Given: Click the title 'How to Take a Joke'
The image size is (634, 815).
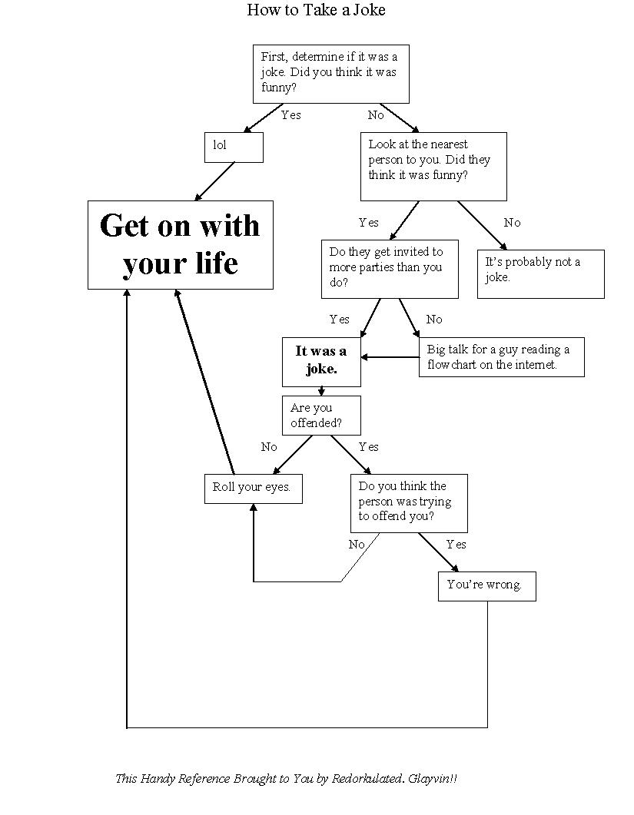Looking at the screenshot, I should tap(316, 10).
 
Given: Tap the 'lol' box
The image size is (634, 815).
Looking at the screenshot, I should tap(234, 147).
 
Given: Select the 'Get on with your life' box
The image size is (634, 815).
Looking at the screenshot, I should tap(181, 245).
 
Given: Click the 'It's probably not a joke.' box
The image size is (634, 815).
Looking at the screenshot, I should tap(540, 273).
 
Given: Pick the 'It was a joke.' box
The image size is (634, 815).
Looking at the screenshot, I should tap(321, 360).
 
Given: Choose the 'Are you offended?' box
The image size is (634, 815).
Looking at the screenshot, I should tap(321, 416).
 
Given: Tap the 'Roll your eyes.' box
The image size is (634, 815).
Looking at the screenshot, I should tap(253, 488).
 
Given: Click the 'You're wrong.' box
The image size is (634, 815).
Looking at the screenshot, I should tap(486, 585).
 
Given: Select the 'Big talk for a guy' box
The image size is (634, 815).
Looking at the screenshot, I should tap(502, 357).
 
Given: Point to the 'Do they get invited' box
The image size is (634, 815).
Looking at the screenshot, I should tap(390, 268).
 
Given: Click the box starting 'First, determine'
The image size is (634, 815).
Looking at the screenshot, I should tap(330, 74).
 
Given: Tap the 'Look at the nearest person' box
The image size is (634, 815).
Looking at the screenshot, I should tap(433, 166).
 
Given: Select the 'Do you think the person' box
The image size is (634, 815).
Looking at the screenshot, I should tap(409, 502).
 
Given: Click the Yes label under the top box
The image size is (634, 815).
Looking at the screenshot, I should tap(291, 115).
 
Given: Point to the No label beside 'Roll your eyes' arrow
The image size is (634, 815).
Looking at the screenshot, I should tap(269, 447).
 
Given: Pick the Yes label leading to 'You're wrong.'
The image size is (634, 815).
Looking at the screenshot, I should tap(456, 545).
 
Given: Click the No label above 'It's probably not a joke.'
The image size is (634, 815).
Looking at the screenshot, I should tap(512, 223).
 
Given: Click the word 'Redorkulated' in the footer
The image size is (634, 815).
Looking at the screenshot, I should tap(367, 779).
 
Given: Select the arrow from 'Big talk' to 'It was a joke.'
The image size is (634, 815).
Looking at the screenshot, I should tap(390, 356).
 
